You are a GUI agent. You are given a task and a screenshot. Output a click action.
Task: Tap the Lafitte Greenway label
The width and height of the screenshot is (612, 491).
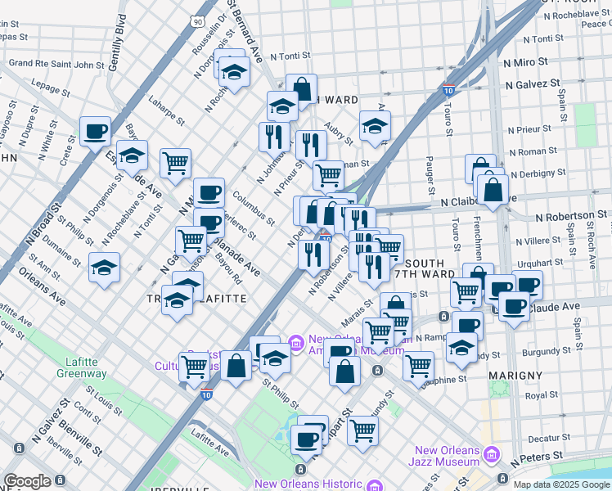coord(81,367)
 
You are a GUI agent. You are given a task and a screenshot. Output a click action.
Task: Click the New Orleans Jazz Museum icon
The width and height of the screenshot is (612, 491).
coord(492,454)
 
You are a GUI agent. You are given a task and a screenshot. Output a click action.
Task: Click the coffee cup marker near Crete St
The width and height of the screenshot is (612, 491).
coord(95,131)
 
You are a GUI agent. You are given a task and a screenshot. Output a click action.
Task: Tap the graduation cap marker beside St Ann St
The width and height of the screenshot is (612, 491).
coord(104,268)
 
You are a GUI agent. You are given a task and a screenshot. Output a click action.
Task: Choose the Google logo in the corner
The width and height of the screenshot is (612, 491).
coord(27,480)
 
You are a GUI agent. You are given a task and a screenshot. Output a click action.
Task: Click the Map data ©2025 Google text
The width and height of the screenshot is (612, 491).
coord(561,484)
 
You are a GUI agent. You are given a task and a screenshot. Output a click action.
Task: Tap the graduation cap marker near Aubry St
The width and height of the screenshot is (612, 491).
coord(376,126)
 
